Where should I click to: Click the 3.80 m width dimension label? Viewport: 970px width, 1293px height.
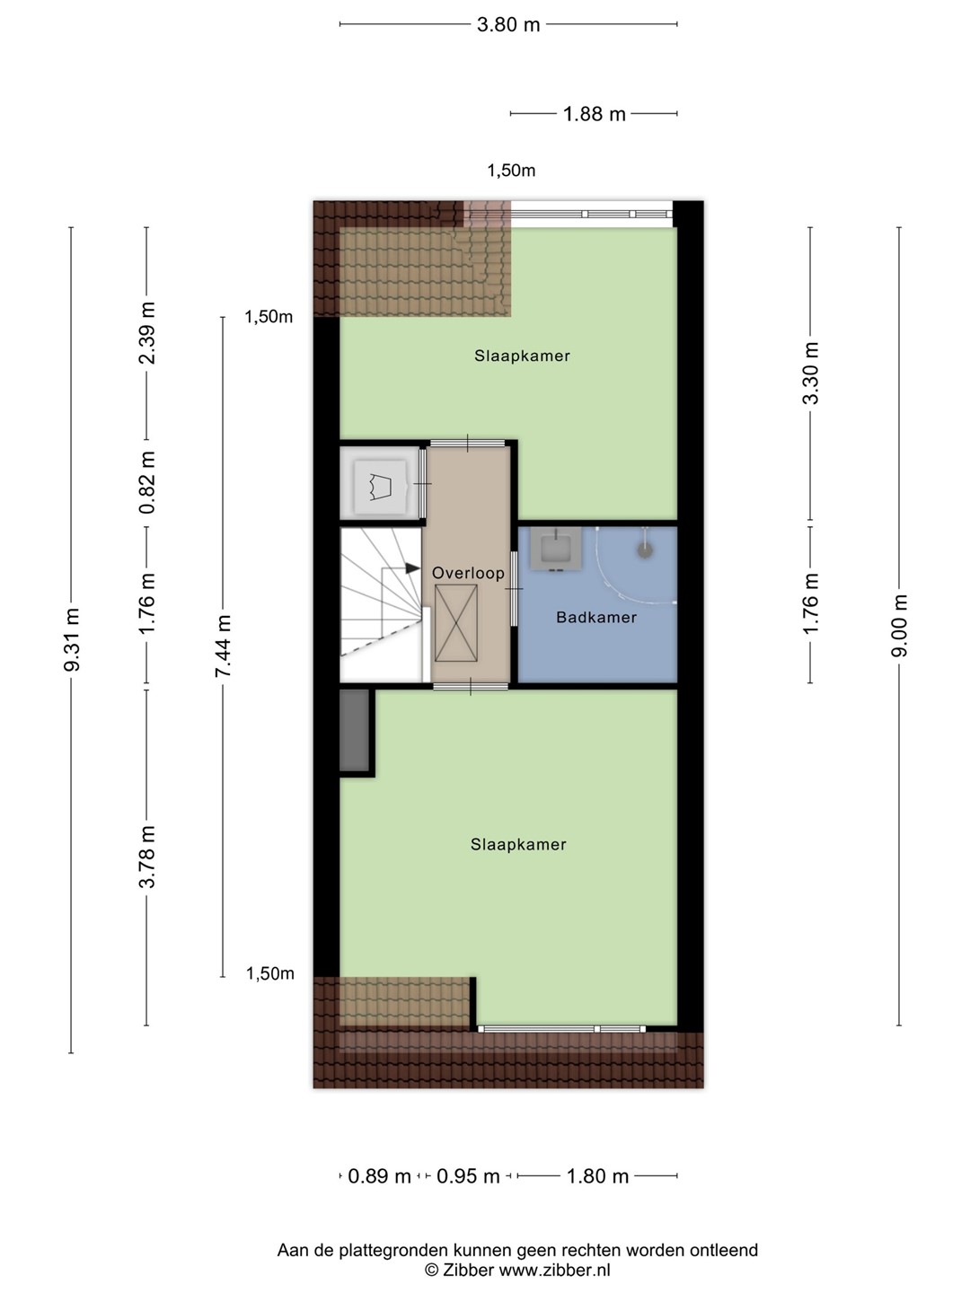pos(508,25)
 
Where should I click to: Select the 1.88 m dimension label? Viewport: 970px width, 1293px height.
pos(595,114)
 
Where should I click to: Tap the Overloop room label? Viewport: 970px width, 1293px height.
pos(468,573)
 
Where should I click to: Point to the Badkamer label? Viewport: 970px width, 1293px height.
pos(596,618)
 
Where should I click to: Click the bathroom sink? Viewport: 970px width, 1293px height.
pos(555,549)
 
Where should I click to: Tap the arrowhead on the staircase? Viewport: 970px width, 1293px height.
pos(412,568)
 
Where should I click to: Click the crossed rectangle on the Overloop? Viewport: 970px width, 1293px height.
pos(456,623)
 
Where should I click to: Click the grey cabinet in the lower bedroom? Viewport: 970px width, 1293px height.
pos(354,730)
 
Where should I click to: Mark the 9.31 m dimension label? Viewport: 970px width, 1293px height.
pos(73,639)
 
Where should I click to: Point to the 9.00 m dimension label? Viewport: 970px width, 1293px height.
pos(899,625)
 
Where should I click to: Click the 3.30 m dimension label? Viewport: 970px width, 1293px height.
pos(810,374)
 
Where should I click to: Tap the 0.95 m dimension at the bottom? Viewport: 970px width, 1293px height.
pos(468,1176)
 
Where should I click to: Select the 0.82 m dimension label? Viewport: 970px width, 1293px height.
pos(147,482)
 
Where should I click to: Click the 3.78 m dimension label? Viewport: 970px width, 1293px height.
pos(147,858)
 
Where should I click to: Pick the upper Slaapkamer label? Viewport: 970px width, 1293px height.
pos(523,356)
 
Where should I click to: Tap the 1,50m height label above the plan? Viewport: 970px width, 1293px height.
pos(511,171)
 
